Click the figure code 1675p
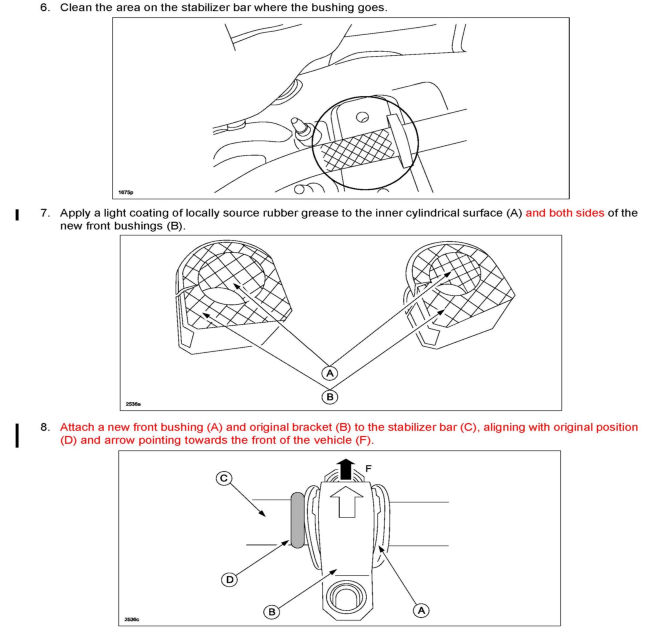point(125,193)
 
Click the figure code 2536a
point(133,404)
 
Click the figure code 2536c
point(132,619)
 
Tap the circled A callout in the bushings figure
point(330,373)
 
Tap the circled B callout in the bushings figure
point(330,397)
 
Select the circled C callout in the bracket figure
point(224,479)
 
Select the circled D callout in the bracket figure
point(229,580)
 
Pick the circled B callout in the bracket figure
point(272,612)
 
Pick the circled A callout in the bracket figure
point(421,610)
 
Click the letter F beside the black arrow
point(369,469)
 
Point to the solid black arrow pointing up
point(346,469)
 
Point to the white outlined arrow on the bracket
point(347,502)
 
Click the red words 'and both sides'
point(565,213)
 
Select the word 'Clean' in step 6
point(76,7)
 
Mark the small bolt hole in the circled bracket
point(362,117)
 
